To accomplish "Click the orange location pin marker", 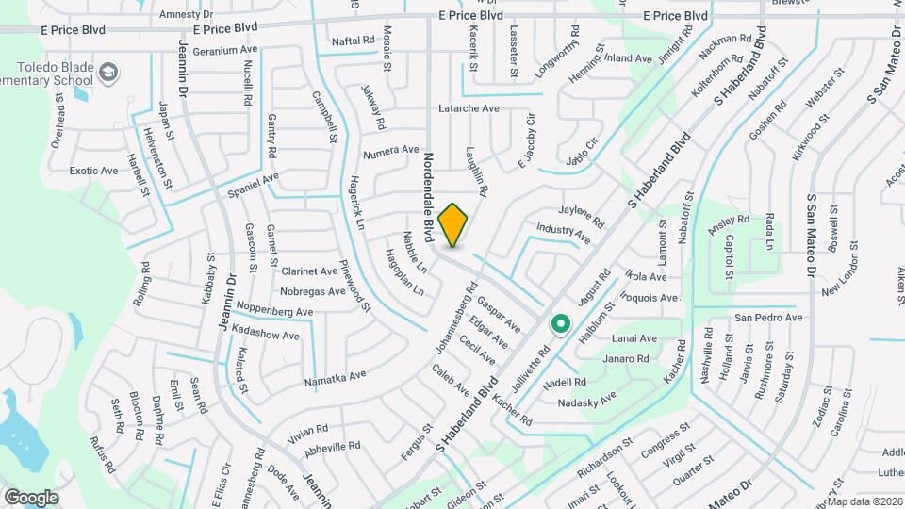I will (453, 224).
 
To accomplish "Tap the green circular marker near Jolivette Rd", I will (561, 325).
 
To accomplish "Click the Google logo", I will (31, 497).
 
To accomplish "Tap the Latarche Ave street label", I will (469, 108).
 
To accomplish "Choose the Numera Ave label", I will (390, 150).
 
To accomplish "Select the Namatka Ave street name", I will (335, 377).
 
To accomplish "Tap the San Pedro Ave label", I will (768, 318).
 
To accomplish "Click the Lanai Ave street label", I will (634, 338).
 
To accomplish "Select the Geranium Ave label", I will (224, 50).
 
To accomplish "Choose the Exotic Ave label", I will (94, 171).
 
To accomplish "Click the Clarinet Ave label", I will (309, 271).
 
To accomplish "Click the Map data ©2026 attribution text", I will (864, 501).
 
